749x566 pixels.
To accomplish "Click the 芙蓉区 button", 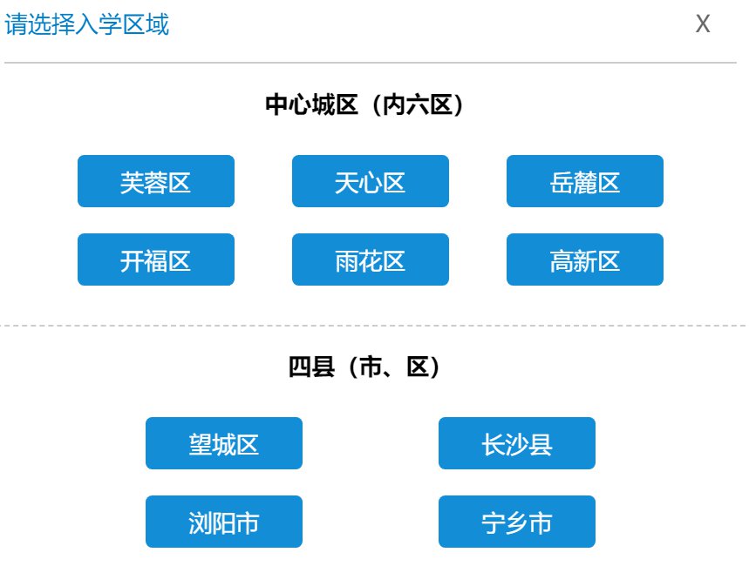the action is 156,181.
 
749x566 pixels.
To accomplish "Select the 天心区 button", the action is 371,181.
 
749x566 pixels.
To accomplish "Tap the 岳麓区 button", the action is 585,181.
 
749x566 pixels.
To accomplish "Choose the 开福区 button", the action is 156,259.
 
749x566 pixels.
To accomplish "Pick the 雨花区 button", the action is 371,259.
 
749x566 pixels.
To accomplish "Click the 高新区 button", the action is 585,259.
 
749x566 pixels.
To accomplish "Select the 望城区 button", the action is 223,443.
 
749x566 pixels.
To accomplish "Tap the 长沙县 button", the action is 517,443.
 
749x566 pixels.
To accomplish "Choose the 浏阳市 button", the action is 223,521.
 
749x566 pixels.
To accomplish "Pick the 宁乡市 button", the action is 517,521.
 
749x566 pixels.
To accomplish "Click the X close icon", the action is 703,24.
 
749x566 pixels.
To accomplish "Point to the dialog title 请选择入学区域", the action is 86,24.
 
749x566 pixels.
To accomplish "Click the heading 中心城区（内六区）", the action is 364,104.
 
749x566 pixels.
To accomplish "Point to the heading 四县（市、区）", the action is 364,367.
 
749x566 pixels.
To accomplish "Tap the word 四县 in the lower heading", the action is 311,367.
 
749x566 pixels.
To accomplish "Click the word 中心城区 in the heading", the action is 311,104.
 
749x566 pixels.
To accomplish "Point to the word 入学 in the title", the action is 99,24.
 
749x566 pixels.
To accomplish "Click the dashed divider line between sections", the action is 373,326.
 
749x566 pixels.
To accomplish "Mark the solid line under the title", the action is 371,63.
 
